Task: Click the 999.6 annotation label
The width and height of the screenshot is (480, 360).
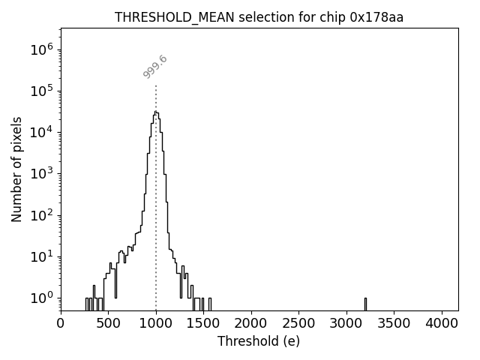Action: pyautogui.click(x=155, y=67)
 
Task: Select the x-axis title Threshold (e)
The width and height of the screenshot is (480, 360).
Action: pyautogui.click(x=259, y=341)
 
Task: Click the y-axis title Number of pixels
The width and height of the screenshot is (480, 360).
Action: pyautogui.click(x=16, y=169)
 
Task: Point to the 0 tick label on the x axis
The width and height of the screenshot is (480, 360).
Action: pyautogui.click(x=61, y=323)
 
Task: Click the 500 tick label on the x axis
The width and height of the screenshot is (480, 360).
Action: pyautogui.click(x=108, y=323)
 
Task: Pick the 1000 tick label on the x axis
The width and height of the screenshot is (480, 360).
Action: pyautogui.click(x=156, y=323)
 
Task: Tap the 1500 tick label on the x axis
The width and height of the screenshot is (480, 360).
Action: pyautogui.click(x=203, y=323)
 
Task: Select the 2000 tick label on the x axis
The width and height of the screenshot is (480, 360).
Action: pyautogui.click(x=251, y=323)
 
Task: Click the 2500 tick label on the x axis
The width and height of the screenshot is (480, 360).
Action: pyautogui.click(x=298, y=323)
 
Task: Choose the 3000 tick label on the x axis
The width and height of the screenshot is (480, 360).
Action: pyautogui.click(x=346, y=323)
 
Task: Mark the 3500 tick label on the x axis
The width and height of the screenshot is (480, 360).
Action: pyautogui.click(x=394, y=323)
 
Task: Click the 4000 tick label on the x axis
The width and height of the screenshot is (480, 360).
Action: pyautogui.click(x=442, y=323)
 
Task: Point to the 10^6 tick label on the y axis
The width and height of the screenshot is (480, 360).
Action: pyautogui.click(x=40, y=49)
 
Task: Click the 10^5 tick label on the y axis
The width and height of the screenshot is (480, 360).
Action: pyautogui.click(x=40, y=91)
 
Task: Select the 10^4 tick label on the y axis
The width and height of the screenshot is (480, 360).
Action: pyautogui.click(x=40, y=132)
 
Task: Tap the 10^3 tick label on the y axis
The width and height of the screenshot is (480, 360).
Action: pyautogui.click(x=40, y=173)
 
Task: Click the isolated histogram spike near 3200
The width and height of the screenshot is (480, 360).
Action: pyautogui.click(x=365, y=302)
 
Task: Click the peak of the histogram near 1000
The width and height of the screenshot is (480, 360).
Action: pyautogui.click(x=155, y=112)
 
